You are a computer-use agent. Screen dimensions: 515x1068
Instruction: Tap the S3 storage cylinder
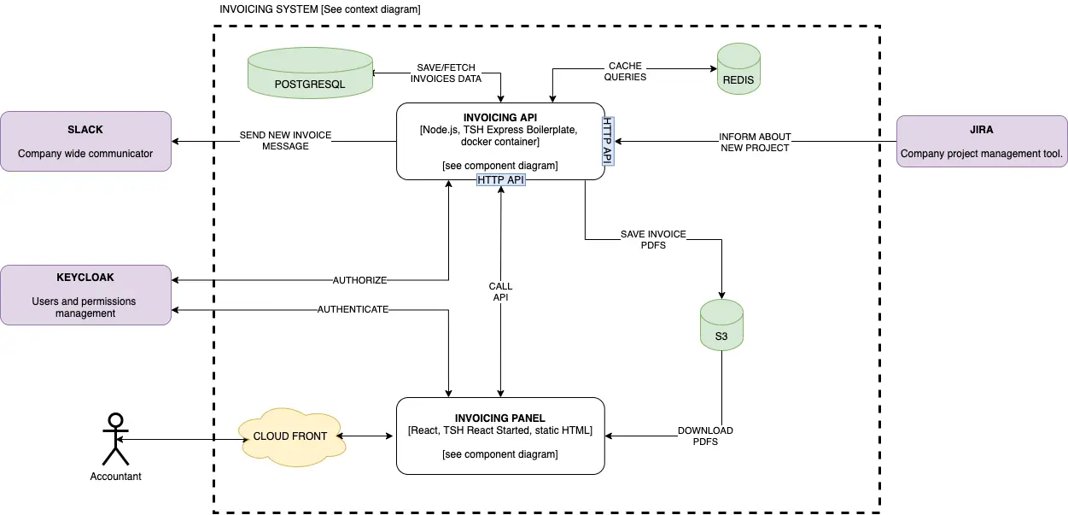721,326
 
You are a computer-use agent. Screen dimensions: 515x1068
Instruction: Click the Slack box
85,141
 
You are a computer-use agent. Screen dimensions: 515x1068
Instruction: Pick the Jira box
982,141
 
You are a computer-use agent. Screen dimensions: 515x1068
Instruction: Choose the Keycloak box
85,295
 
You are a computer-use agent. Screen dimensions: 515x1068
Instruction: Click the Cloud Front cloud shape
290,436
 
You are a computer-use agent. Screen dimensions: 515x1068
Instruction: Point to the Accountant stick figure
115,440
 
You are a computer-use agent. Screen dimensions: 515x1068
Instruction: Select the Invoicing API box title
500,117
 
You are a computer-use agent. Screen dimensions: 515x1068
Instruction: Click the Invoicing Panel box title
500,418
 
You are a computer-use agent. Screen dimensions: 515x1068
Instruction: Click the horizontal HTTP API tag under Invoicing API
500,180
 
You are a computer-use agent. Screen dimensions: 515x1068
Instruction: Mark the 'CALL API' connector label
500,291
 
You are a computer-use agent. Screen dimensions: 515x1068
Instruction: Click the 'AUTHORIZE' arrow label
359,280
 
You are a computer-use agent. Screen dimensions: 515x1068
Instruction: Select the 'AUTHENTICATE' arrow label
353,309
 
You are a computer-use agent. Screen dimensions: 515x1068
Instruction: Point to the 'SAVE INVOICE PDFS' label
653,239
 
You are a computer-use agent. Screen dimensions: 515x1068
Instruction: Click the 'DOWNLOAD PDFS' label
705,436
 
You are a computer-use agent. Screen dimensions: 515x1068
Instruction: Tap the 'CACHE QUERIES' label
625,71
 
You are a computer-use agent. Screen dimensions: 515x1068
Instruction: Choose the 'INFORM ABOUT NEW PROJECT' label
755,142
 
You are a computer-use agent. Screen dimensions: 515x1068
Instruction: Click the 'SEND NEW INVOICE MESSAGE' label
285,140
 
